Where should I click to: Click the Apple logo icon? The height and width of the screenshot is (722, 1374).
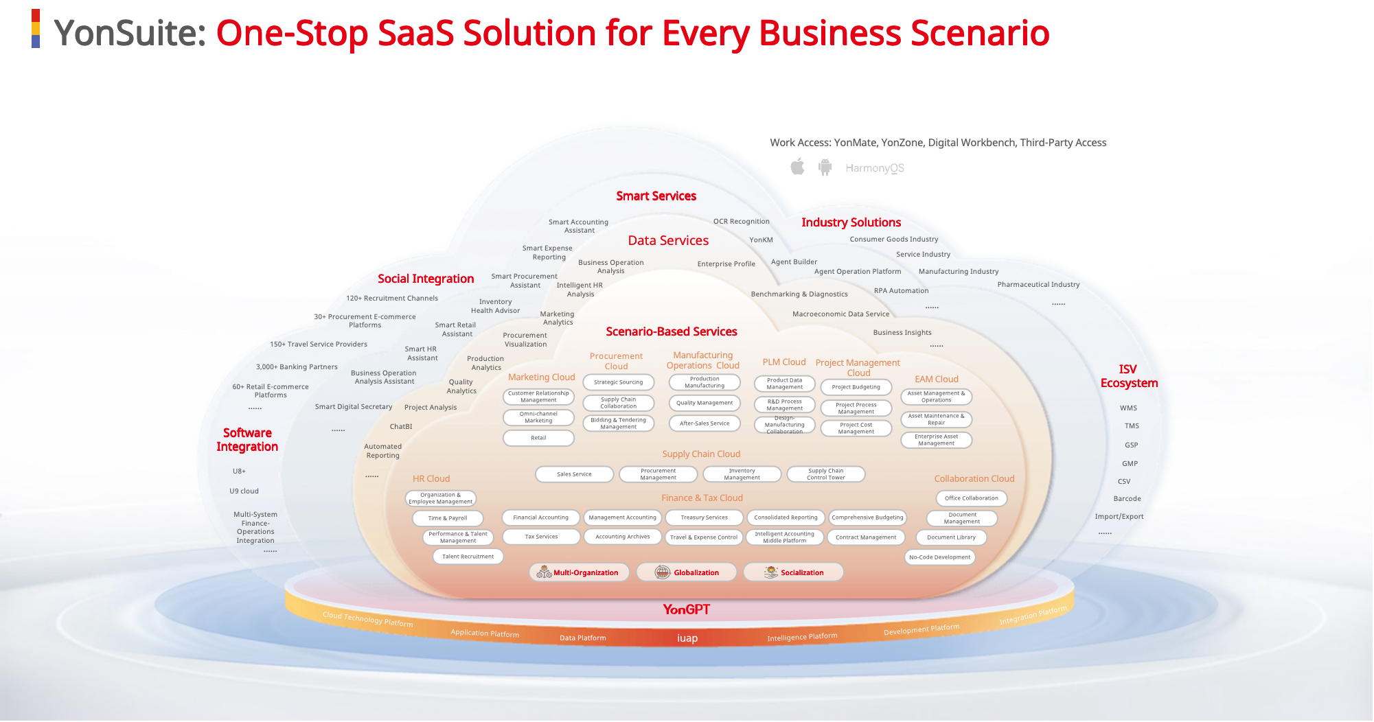[797, 167]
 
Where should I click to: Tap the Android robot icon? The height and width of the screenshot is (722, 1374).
[825, 167]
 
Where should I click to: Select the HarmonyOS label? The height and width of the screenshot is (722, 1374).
[874, 168]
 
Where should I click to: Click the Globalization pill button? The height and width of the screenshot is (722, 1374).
[686, 572]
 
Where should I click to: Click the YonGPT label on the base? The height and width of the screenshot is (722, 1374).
[686, 609]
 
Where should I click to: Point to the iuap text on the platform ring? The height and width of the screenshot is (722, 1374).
[687, 638]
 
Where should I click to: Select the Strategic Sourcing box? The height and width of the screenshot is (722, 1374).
[618, 382]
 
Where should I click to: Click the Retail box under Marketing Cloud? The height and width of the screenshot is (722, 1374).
[538, 438]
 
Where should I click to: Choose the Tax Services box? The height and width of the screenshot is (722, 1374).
[541, 537]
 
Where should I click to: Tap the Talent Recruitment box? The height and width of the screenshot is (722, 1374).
[468, 557]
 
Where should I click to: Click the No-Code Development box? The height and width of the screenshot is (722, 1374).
[939, 557]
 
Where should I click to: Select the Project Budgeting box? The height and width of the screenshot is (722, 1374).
[856, 387]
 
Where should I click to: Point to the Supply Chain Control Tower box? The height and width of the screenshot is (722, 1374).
[825, 474]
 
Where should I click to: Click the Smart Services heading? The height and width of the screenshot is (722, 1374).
[656, 196]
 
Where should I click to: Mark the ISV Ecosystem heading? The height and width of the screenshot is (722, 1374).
[1129, 376]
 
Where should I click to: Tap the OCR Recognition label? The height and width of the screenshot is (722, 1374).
[741, 222]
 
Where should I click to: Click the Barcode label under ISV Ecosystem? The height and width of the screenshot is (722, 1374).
[1127, 499]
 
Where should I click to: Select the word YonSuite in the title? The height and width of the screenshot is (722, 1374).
[129, 33]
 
